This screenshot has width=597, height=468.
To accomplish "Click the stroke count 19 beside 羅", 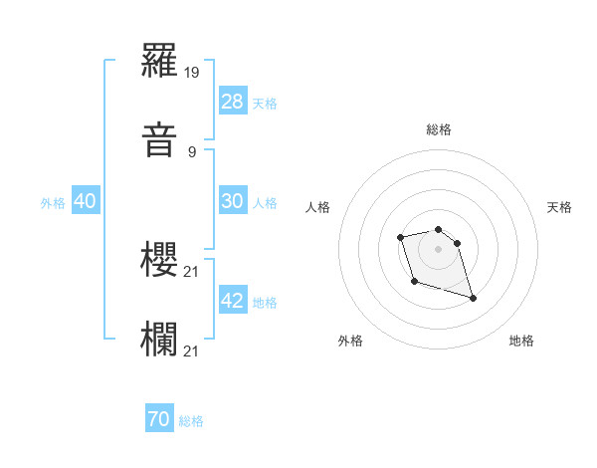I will [x=193, y=74].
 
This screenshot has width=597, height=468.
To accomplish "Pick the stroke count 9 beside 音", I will [x=192, y=151].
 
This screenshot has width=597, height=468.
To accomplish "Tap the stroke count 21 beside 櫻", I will [x=193, y=271].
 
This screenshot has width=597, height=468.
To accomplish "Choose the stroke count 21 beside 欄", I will [x=193, y=349].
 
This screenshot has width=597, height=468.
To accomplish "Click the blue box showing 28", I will [x=233, y=102].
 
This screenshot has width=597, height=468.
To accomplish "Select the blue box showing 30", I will [x=233, y=201].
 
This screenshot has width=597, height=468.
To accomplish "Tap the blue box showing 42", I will [x=233, y=301].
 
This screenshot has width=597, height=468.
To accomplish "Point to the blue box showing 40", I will [x=86, y=201].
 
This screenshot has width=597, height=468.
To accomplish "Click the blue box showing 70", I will [x=159, y=420].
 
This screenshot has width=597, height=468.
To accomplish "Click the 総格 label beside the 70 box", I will [x=191, y=421].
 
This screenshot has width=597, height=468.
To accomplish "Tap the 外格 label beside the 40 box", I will [x=53, y=202].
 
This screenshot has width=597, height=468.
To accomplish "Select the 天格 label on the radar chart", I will [x=559, y=207].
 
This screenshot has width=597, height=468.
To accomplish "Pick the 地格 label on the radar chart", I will [x=521, y=341].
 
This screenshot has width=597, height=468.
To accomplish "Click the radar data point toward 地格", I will [x=473, y=298].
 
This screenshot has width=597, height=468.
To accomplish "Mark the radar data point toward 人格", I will [x=400, y=237].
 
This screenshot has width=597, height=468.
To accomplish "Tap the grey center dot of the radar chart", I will [x=438, y=248].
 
